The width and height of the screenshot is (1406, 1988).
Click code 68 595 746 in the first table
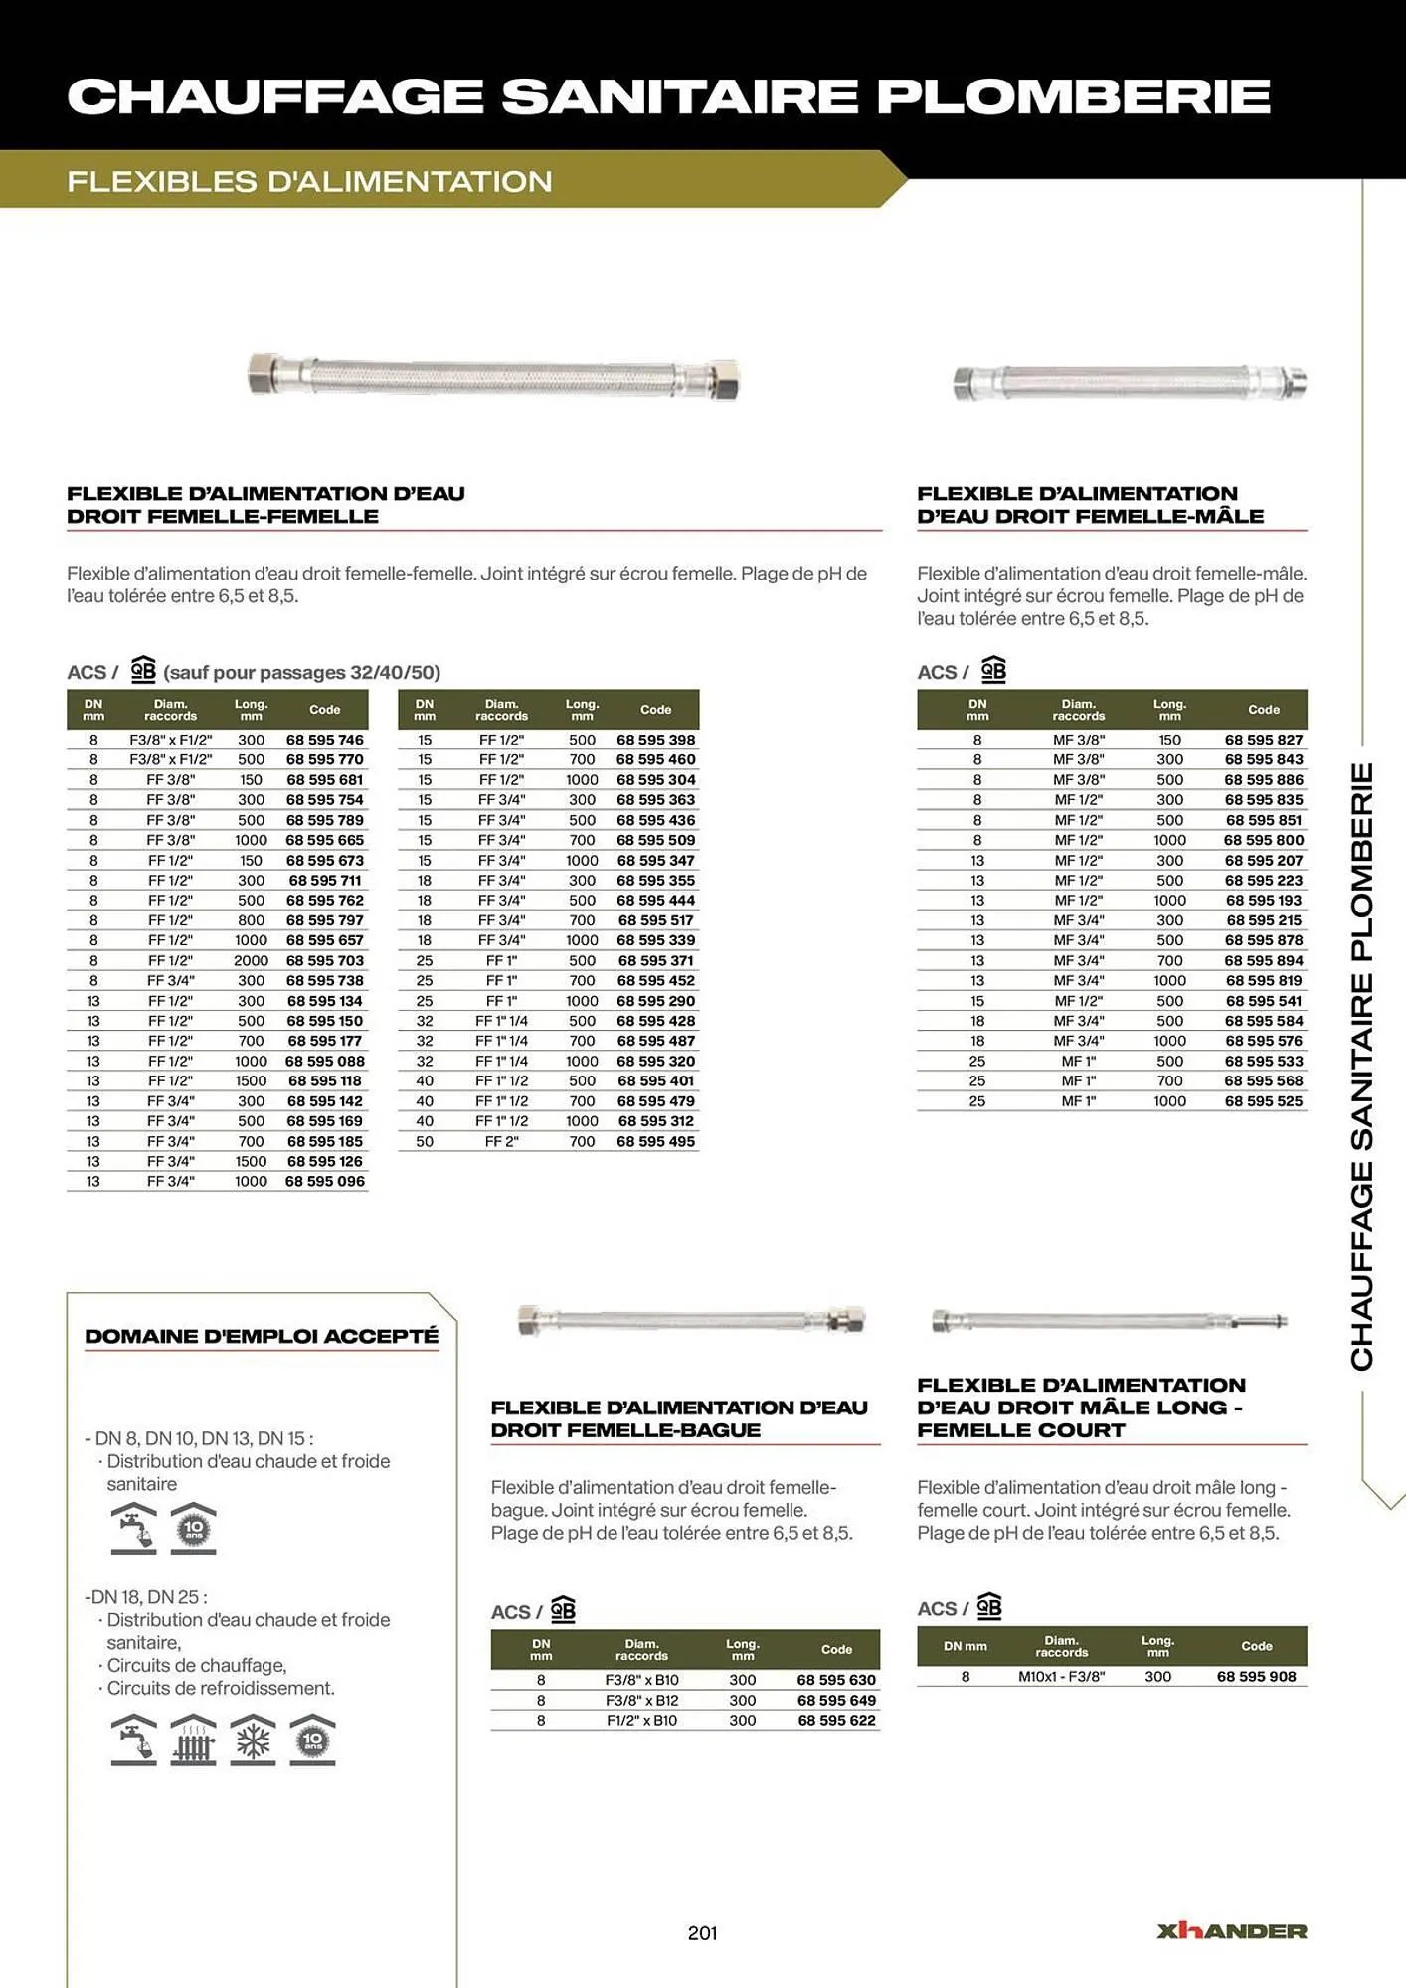coord(324,740)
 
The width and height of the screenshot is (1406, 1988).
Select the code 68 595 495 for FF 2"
coord(655,1141)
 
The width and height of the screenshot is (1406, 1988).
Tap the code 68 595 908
coord(1256,1676)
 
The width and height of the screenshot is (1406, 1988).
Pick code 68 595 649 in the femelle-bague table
coord(836,1700)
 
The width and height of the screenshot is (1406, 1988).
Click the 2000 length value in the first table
coord(251,960)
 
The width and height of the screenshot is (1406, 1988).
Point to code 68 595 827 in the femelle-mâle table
coord(1263,740)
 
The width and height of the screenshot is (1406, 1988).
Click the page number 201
coord(702,1932)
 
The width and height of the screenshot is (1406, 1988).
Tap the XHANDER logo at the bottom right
coord(1231,1930)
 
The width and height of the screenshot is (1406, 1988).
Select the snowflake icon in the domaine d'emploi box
coord(253,1739)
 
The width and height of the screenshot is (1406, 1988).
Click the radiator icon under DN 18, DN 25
coord(193,1739)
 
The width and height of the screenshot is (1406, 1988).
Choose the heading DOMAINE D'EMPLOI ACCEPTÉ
coord(261,1336)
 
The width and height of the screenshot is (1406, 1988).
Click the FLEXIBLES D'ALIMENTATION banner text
coord(309,181)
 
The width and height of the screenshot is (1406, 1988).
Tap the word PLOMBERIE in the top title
coord(1073,96)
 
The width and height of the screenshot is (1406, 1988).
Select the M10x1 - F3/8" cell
coord(1061,1676)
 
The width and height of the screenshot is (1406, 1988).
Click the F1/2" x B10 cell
coord(641,1720)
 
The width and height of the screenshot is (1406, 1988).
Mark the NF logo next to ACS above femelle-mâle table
coord(993,670)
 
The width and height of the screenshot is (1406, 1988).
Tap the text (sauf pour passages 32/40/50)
coord(301,672)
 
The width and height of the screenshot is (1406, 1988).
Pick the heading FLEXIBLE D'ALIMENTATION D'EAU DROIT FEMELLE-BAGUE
coord(679,1418)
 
